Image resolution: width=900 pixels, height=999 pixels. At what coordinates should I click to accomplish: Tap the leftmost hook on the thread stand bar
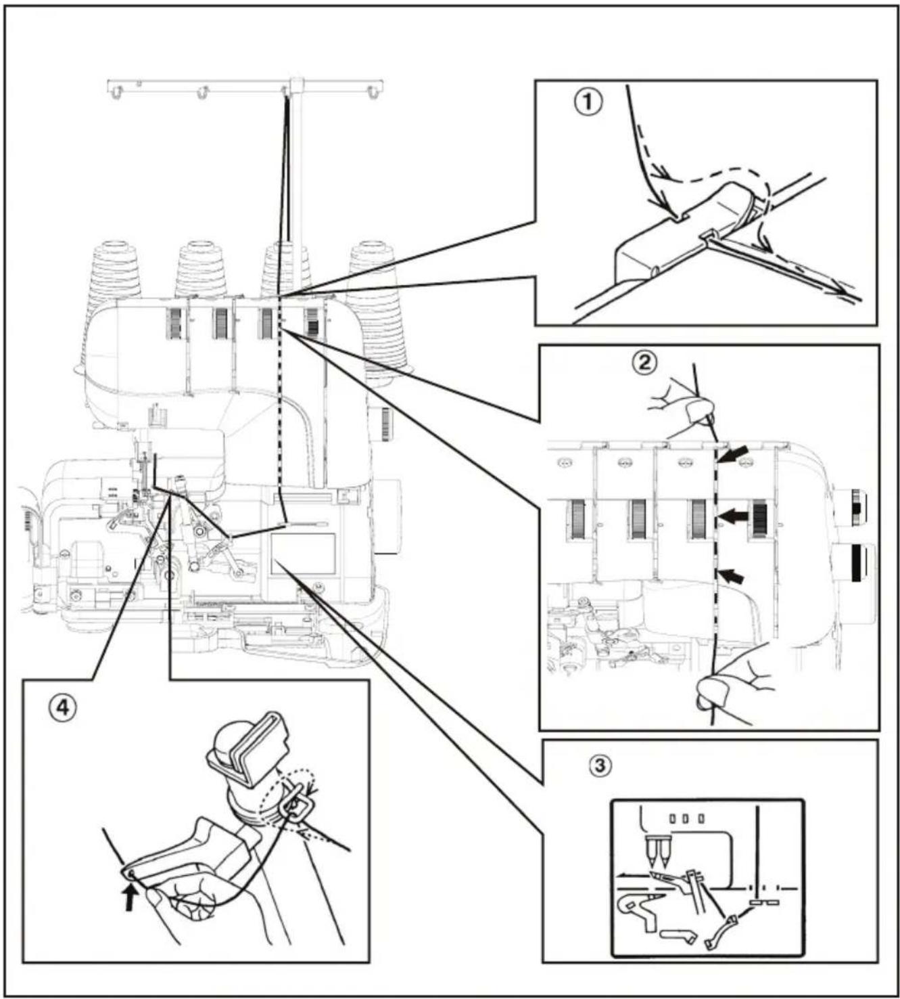coord(118,92)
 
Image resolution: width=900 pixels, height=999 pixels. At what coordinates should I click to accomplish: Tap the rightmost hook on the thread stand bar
coord(371,92)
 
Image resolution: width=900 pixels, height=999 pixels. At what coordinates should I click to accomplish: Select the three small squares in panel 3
coord(686,818)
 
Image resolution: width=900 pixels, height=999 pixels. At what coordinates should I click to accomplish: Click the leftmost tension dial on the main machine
coord(174,324)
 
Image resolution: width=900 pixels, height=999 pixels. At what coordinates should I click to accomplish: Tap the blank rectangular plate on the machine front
coord(302,553)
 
